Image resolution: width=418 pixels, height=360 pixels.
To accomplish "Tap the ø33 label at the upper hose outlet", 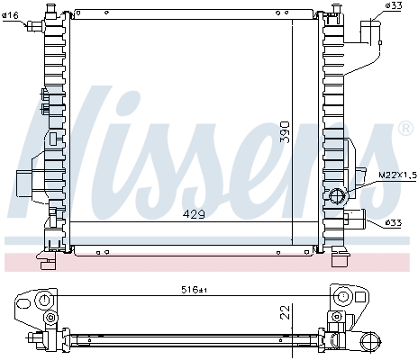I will tap(393, 7).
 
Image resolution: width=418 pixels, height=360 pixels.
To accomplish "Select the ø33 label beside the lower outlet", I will tap(393, 222).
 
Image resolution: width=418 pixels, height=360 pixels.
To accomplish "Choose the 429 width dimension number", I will tap(195, 214).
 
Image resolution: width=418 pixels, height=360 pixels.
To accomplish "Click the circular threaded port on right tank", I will tap(340, 196).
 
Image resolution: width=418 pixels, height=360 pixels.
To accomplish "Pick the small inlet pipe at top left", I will tap(36, 25).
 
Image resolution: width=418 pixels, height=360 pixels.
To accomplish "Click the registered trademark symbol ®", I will tap(404, 132).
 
